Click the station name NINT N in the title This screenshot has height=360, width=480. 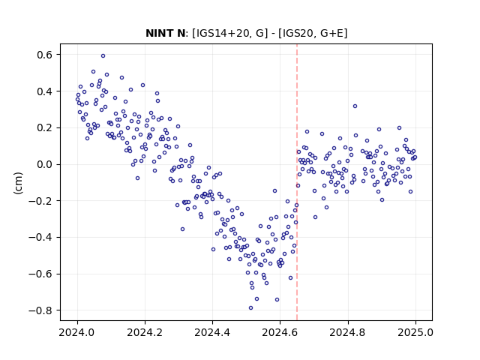tap(165, 33)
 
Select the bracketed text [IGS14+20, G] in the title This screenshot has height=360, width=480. tap(230, 33)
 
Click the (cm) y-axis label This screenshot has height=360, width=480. tap(18, 183)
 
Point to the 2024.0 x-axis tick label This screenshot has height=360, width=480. tap(77, 332)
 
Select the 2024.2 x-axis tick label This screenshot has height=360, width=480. tap(145, 332)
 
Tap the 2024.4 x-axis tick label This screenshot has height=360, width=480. tap(212, 332)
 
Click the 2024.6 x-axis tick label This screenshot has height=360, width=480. tap(280, 332)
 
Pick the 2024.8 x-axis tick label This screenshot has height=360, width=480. tap(347, 332)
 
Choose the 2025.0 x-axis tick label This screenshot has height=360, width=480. tap(415, 332)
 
